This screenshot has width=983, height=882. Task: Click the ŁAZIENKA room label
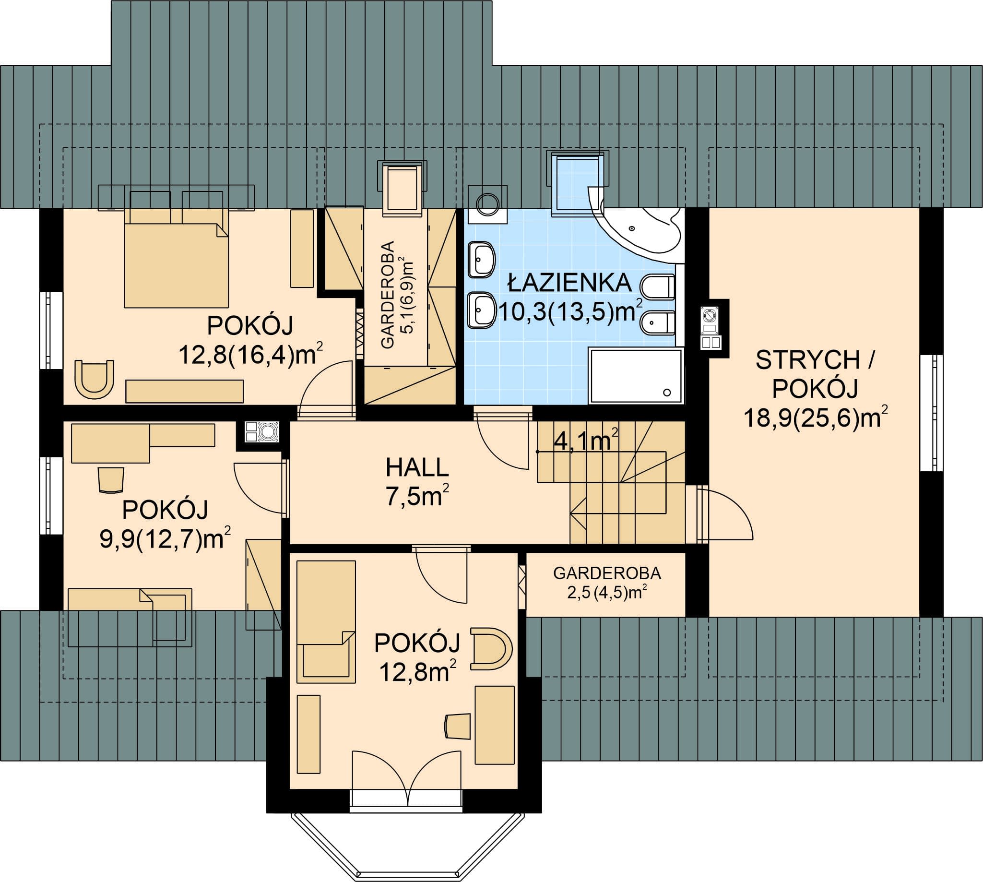pyautogui.click(x=569, y=283)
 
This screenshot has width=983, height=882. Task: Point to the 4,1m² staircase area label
pyautogui.click(x=585, y=440)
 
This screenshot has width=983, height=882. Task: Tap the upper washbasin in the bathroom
pyautogui.click(x=482, y=259)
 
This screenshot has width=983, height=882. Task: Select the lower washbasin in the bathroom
pyautogui.click(x=482, y=310)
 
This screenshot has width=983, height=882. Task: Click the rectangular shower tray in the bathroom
pyautogui.click(x=636, y=376)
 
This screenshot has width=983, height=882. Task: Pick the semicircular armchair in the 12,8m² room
pyautogui.click(x=491, y=648)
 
